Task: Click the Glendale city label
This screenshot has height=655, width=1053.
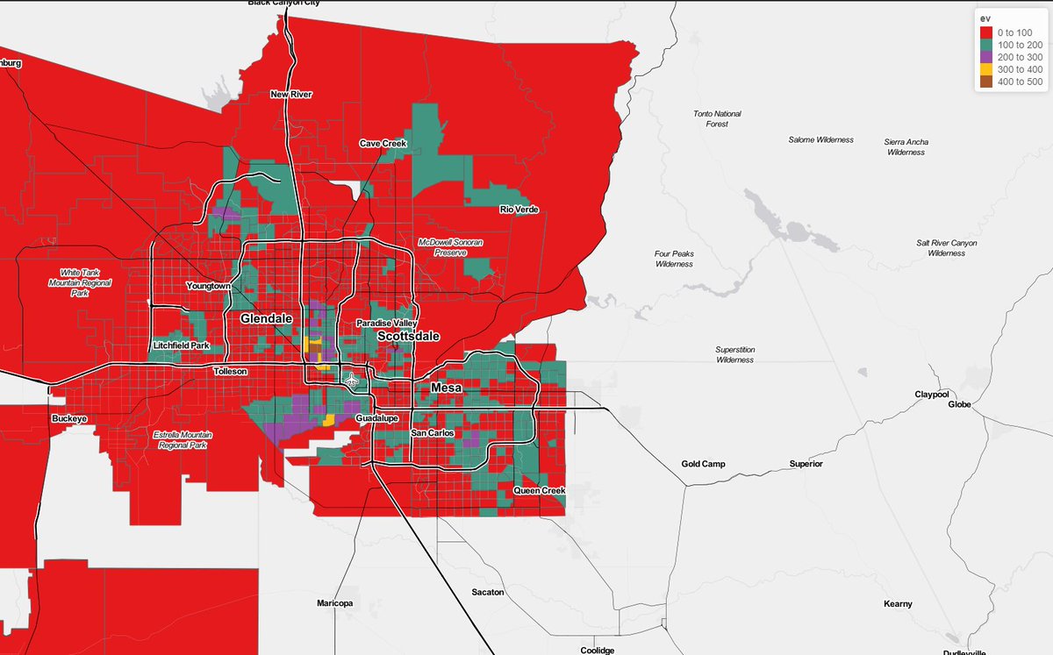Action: point(266,319)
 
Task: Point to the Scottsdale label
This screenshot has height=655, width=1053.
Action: point(408,336)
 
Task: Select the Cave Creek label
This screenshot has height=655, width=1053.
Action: point(383,144)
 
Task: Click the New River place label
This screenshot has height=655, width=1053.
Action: point(290,95)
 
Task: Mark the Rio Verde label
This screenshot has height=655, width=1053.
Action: point(519,210)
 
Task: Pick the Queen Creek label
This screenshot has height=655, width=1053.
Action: point(539,490)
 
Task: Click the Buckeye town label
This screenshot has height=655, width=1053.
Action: point(69,419)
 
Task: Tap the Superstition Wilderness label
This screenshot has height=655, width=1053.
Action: point(734,354)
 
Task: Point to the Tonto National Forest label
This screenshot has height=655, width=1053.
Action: point(717,119)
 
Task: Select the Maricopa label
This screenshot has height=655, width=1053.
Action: point(334,604)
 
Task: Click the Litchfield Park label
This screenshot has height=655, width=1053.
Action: point(181,345)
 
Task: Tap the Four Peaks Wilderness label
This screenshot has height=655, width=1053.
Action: point(674,259)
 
